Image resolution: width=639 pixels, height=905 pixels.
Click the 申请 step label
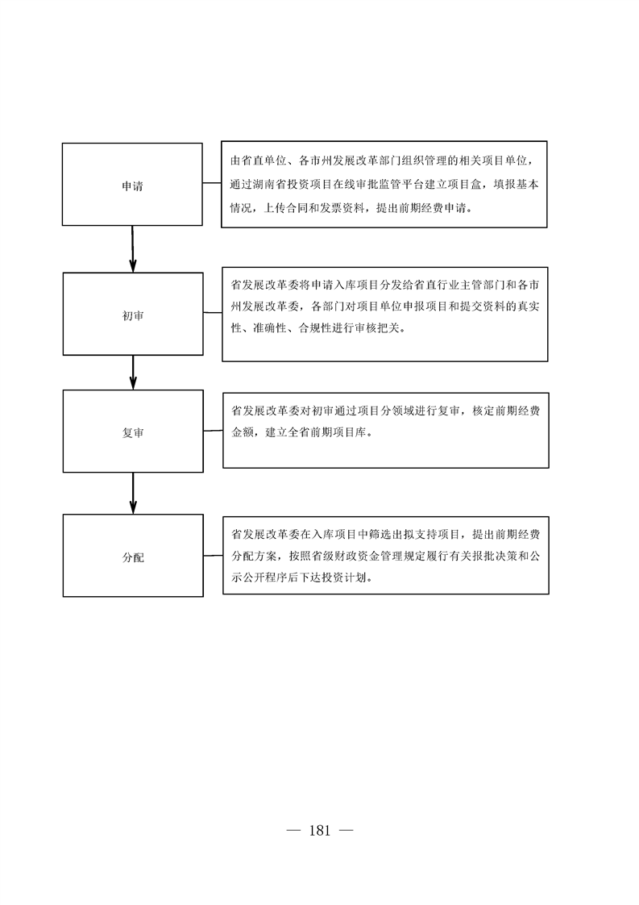click(x=132, y=186)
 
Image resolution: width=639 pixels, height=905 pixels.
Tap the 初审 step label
click(x=133, y=315)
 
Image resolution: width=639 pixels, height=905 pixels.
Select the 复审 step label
click(x=133, y=433)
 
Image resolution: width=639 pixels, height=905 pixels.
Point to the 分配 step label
click(x=133, y=557)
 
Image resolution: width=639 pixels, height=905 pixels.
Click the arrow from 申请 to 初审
click(x=133, y=248)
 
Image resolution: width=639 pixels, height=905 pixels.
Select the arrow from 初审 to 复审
click(x=133, y=373)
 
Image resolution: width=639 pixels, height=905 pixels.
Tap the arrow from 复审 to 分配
click(x=133, y=494)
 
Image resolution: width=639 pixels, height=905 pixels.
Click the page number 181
click(x=319, y=831)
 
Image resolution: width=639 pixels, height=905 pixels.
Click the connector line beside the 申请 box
click(x=212, y=184)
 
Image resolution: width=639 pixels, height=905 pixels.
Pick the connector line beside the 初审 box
click(x=213, y=313)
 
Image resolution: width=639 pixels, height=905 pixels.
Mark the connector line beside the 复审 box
click(x=214, y=431)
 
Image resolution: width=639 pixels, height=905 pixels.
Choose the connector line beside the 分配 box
click(x=214, y=556)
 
